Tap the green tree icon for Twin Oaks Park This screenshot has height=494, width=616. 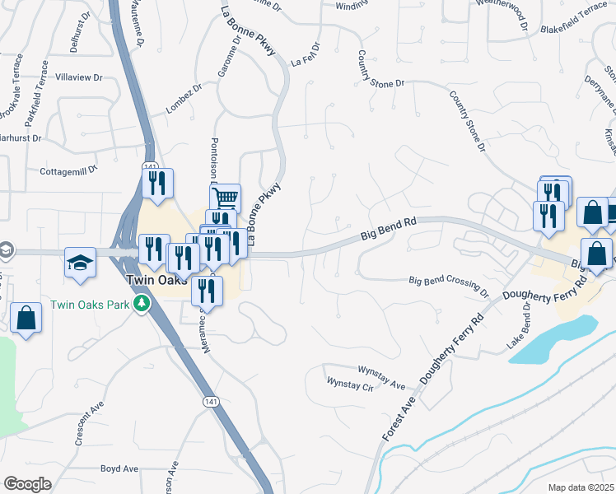pos(142,305)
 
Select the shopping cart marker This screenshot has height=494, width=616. pos(225,198)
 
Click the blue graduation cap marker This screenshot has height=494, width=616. pos(81,263)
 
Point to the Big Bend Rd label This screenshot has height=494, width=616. pos(389,230)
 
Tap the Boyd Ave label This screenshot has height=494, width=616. pos(119,468)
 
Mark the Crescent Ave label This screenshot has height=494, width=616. pos(89,424)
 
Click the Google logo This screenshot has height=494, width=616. pos(27,484)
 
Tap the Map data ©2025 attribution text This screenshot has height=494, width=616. pos(581,487)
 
